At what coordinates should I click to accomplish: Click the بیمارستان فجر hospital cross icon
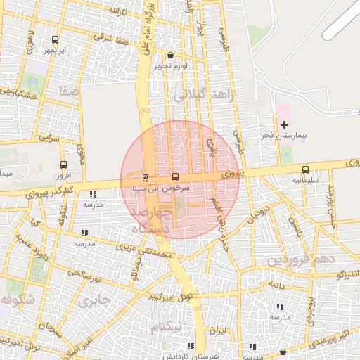(284, 124)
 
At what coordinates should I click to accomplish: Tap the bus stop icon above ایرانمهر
(56, 40)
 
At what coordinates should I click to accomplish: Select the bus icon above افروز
(63, 165)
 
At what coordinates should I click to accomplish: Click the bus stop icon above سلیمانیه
(305, 169)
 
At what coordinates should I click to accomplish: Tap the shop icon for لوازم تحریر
(170, 56)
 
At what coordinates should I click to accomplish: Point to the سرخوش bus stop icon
(175, 177)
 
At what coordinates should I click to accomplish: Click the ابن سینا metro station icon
(146, 178)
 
